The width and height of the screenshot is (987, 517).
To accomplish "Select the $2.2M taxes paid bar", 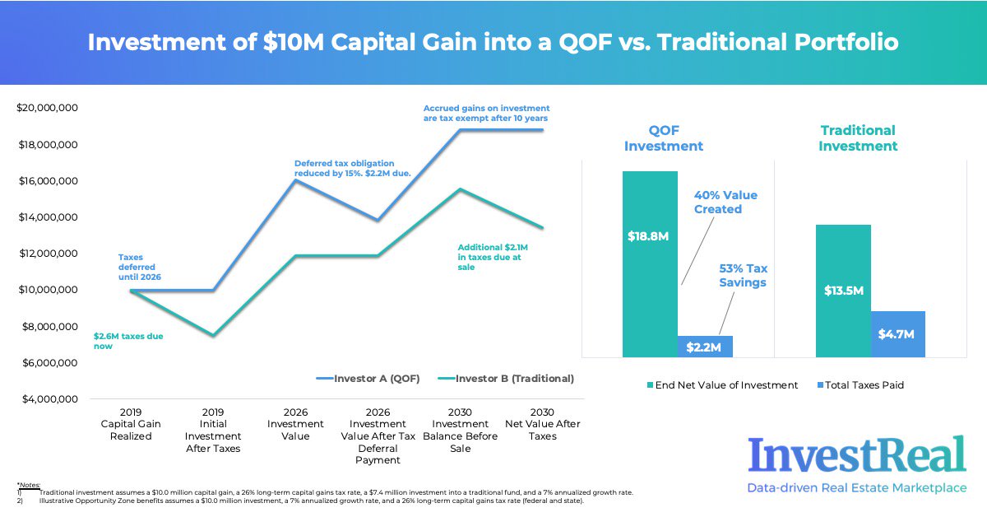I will coord(705,347).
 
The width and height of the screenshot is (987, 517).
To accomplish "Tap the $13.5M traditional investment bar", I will coord(843,291).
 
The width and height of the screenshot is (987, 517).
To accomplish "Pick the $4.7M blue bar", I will coord(897,334).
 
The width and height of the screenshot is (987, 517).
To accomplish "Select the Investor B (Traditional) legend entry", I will coord(506,379).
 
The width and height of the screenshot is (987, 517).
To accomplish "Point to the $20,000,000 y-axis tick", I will coord(47,108).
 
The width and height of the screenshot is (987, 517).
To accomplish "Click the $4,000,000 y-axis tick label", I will coord(47,399).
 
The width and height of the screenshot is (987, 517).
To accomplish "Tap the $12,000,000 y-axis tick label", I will coord(47,254).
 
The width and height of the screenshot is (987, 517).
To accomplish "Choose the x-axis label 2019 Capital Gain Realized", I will coord(131,424).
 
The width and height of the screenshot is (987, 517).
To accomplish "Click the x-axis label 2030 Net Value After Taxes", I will coord(543,424).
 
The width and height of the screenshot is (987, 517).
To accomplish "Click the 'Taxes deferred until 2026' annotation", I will coord(139,267).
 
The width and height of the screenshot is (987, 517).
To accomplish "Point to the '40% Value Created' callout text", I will coord(725,203).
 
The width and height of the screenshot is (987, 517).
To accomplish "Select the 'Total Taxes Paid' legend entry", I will coord(860,384).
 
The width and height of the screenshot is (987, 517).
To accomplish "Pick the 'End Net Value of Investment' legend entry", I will coord(724,384).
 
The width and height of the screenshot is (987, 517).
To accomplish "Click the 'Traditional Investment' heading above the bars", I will coord(858,138).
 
